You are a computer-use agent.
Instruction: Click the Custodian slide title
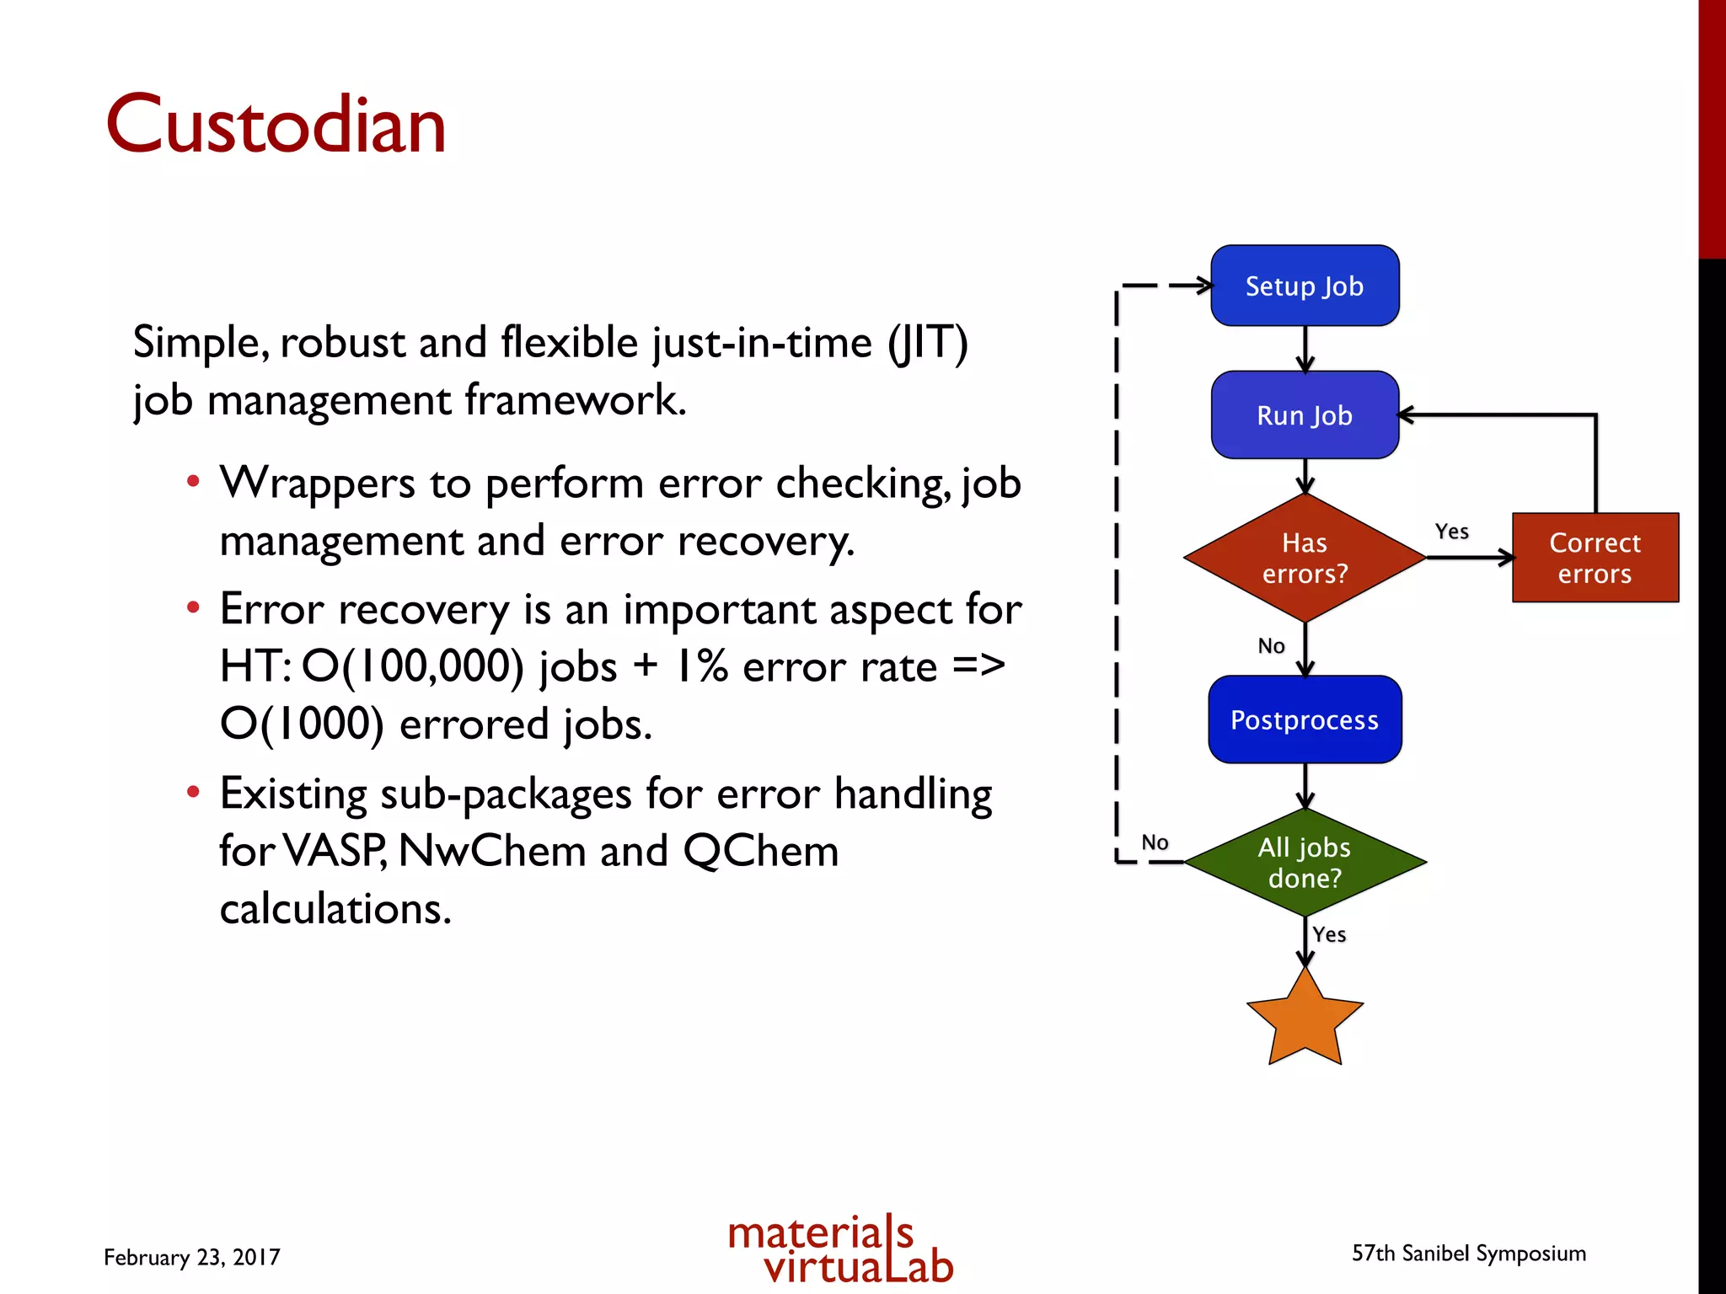pos(276,125)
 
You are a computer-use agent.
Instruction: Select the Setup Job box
pos(1305,286)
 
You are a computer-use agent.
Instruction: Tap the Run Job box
pos(1305,415)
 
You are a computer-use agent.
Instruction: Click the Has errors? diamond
pos(1305,558)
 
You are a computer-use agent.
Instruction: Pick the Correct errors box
pos(1595,558)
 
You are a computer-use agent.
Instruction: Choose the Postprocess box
pos(1305,719)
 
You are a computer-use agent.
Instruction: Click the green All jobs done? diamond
pos(1305,862)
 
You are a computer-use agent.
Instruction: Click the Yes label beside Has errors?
pos(1451,532)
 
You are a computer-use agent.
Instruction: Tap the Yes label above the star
pos(1329,934)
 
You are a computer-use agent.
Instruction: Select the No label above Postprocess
pos(1271,646)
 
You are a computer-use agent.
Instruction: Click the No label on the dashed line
pos(1155,842)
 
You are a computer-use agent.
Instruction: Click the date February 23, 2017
pos(192,1257)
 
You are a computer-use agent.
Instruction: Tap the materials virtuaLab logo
pos(840,1250)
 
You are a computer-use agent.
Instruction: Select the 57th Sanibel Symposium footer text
pos(1469,1254)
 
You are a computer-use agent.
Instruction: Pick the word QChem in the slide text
pos(761,851)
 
